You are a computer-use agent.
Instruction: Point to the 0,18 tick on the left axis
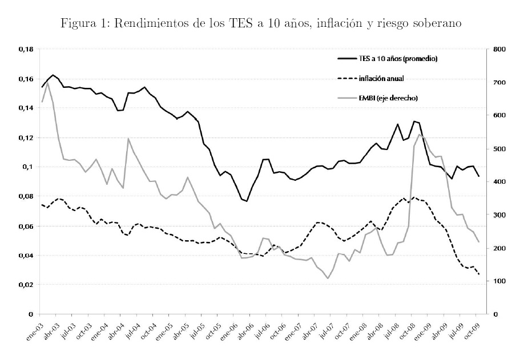(x=26, y=50)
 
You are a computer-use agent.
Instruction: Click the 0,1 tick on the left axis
(x=29, y=167)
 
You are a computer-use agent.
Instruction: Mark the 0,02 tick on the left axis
(x=26, y=285)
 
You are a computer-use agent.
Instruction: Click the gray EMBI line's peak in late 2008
(x=420, y=135)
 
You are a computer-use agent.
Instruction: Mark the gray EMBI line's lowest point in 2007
(x=328, y=278)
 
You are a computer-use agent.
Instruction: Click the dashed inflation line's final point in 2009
(x=478, y=274)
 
